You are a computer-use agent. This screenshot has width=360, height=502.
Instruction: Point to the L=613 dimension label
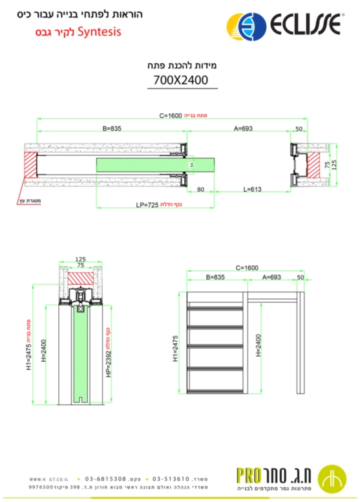pyautogui.click(x=253, y=190)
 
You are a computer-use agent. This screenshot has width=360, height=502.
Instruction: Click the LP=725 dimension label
pyautogui.click(x=147, y=204)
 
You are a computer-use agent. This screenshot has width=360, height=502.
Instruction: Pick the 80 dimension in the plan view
pyautogui.click(x=200, y=190)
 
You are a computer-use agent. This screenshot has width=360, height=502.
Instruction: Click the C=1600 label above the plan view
pyautogui.click(x=171, y=116)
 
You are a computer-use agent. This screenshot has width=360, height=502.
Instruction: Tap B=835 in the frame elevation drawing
pyautogui.click(x=215, y=277)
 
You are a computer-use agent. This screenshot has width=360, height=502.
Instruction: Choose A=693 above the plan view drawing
pyautogui.click(x=243, y=129)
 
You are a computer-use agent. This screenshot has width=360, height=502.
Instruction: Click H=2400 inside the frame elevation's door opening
pyautogui.click(x=259, y=345)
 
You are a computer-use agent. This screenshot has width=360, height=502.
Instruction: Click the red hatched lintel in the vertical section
pyautogui.click(x=81, y=277)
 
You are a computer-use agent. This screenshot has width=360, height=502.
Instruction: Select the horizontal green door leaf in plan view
pyautogui.click(x=155, y=165)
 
